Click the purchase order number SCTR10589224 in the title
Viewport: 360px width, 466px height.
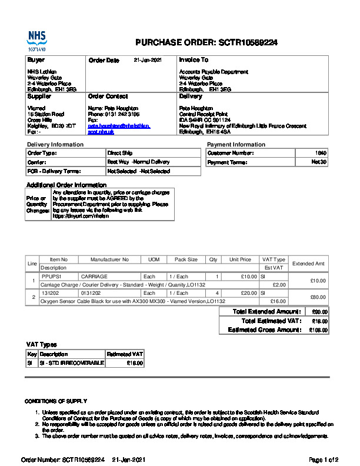coord(248,42)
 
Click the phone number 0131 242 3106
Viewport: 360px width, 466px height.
coord(122,114)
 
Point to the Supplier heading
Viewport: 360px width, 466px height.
coord(39,96)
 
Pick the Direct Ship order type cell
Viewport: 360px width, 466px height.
coord(120,153)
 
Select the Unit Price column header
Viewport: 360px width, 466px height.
coord(240,259)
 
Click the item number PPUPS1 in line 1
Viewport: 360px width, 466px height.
coord(51,276)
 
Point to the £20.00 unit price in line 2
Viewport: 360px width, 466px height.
coord(248,292)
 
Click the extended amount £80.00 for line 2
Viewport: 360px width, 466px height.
coord(318,297)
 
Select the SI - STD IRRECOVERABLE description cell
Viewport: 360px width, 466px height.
coord(71,363)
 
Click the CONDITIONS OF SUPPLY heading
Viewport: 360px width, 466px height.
coord(56,401)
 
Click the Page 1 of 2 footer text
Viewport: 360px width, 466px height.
coord(324,460)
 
